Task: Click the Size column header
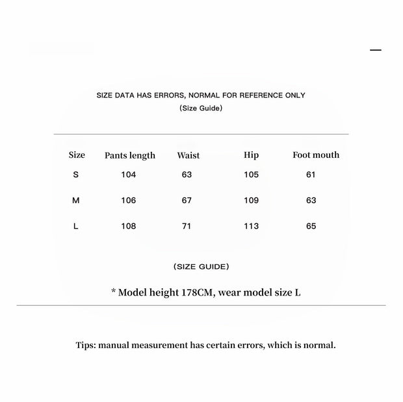pyautogui.click(x=77, y=155)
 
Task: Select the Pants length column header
pyautogui.click(x=130, y=155)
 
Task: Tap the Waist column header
pyautogui.click(x=188, y=155)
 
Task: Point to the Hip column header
pyautogui.click(x=251, y=155)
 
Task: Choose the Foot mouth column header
pyautogui.click(x=316, y=155)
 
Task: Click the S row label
pyautogui.click(x=76, y=175)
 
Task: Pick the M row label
pyautogui.click(x=76, y=201)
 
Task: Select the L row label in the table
pyautogui.click(x=76, y=227)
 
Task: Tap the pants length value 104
pyautogui.click(x=129, y=175)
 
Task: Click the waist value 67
pyautogui.click(x=187, y=201)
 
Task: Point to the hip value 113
pyautogui.click(x=251, y=227)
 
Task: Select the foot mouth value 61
pyautogui.click(x=311, y=175)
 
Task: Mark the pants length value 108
pyautogui.click(x=129, y=227)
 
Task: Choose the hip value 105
pyautogui.click(x=251, y=175)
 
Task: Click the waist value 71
pyautogui.click(x=187, y=227)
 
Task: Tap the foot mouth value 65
pyautogui.click(x=311, y=227)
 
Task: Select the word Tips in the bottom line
pyautogui.click(x=85, y=345)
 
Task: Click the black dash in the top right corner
pyautogui.click(x=376, y=50)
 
